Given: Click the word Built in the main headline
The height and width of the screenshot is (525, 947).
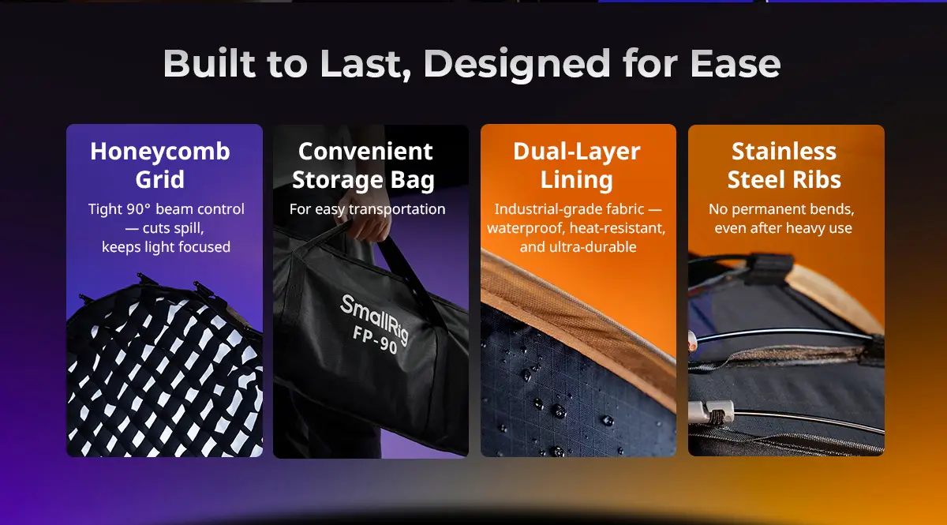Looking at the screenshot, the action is pyautogui.click(x=209, y=63).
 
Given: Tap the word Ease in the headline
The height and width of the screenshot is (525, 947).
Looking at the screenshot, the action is pyautogui.click(x=736, y=63).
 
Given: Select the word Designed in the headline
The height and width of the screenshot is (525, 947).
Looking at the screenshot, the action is pyautogui.click(x=517, y=65).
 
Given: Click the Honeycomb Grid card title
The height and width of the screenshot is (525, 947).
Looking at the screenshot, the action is pyautogui.click(x=160, y=165).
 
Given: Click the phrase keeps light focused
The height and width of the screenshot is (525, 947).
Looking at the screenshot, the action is pyautogui.click(x=167, y=246).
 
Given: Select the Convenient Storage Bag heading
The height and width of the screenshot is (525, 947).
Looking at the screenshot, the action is pyautogui.click(x=364, y=166).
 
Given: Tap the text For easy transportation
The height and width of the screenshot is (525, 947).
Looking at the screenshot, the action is pyautogui.click(x=368, y=209).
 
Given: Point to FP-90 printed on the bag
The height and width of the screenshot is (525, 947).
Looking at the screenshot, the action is pyautogui.click(x=376, y=339).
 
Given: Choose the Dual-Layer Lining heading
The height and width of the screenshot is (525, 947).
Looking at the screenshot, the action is pyautogui.click(x=577, y=166).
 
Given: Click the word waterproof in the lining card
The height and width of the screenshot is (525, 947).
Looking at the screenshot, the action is pyautogui.click(x=526, y=228).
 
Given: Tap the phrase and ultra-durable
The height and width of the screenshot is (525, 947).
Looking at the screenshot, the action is pyautogui.click(x=578, y=246).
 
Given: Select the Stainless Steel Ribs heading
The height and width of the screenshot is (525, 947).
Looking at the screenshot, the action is pyautogui.click(x=784, y=165).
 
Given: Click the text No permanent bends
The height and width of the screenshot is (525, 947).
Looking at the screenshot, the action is pyautogui.click(x=781, y=209).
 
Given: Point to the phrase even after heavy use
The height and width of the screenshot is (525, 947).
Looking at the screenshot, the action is pyautogui.click(x=784, y=228).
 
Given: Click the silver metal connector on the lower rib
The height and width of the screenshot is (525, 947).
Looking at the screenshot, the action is pyautogui.click(x=711, y=411).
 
